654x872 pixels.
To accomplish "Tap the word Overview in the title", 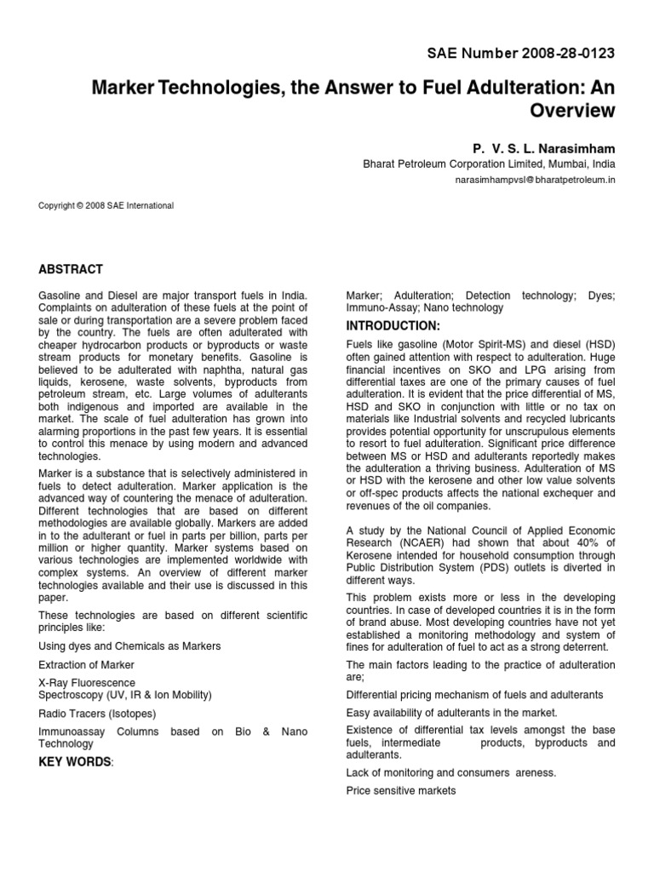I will [x=572, y=110].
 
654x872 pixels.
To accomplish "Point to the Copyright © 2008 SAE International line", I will [x=106, y=205].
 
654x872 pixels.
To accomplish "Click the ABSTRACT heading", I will [x=71, y=269].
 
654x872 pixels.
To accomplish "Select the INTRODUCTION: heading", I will [x=393, y=326].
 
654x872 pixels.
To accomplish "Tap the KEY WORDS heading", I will [x=76, y=761].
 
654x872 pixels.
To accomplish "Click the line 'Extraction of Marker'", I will [x=86, y=664].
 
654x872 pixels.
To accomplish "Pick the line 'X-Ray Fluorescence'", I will [x=87, y=683].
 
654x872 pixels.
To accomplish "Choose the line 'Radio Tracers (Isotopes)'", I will [x=97, y=714].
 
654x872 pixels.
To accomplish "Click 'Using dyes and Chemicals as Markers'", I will [x=129, y=645].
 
